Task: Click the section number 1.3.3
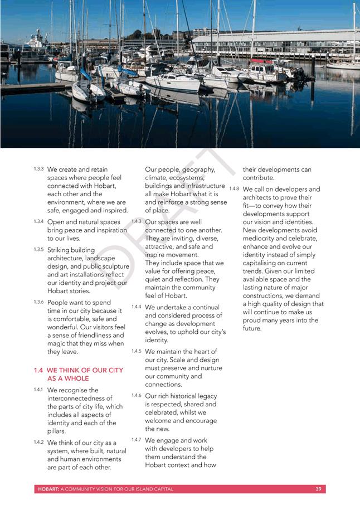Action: point(38,168)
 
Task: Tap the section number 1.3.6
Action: point(38,302)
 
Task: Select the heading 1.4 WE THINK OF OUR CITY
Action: point(78,370)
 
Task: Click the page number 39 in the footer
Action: point(318,489)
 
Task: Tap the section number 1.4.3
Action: point(136,221)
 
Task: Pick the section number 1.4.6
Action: point(136,395)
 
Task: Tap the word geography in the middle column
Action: point(199,169)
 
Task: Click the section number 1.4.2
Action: point(38,442)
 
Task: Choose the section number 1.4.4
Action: point(136,307)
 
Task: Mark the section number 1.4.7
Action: point(136,440)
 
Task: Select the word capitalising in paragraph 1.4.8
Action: point(264,263)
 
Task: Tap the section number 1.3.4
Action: point(38,221)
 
